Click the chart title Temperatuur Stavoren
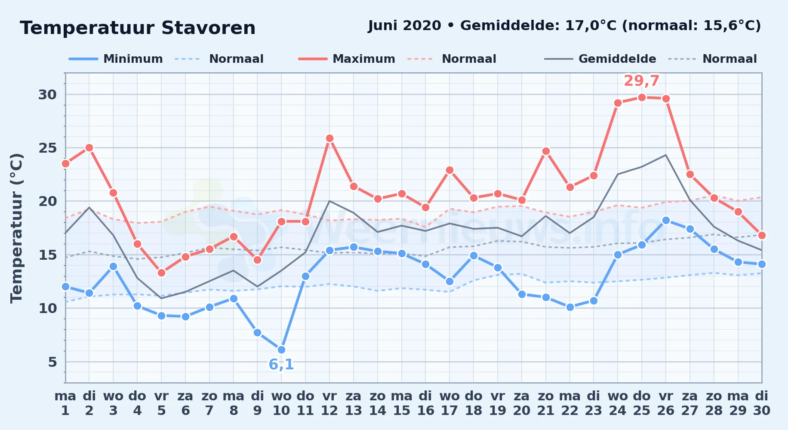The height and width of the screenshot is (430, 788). click(138, 28)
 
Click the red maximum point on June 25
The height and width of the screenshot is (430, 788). click(642, 97)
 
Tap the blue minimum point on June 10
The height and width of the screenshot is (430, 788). click(281, 350)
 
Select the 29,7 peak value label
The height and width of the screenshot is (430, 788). click(641, 81)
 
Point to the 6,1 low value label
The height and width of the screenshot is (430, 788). click(281, 365)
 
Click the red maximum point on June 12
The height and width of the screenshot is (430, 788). click(329, 138)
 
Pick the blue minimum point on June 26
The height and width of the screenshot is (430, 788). click(666, 220)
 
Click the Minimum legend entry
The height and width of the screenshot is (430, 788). click(116, 59)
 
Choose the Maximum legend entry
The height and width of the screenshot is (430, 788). click(347, 59)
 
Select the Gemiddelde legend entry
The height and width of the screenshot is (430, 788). click(600, 59)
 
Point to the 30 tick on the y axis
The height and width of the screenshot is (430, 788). click(47, 95)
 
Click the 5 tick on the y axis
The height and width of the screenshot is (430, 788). click(52, 362)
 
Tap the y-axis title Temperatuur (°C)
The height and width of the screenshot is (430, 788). click(16, 228)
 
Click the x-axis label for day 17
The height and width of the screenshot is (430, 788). click(449, 403)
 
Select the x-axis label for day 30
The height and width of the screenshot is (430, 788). click(761, 403)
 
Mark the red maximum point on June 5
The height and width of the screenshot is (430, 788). click(161, 273)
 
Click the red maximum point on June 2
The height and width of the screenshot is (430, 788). click(89, 147)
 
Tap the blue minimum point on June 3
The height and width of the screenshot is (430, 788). click(113, 266)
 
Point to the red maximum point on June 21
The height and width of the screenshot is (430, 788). click(546, 151)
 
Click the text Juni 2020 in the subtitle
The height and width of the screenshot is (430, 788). click(405, 26)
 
